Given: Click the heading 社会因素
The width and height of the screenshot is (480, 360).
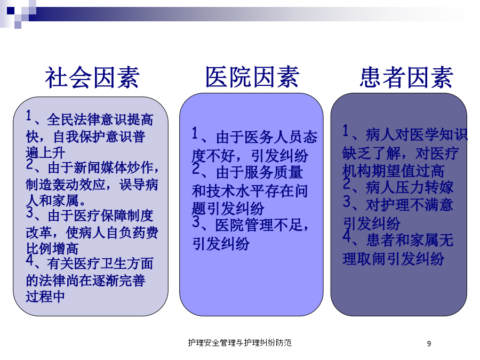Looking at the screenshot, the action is (92, 77).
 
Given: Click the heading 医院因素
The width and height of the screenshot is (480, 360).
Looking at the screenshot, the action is (252, 77).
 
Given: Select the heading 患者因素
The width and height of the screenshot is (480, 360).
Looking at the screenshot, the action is (406, 77).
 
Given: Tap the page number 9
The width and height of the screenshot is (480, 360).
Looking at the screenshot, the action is (429, 343).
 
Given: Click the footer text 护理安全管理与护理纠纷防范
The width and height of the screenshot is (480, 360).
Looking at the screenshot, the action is (239, 342).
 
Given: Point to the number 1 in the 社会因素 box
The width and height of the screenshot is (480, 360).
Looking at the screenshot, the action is (29, 116).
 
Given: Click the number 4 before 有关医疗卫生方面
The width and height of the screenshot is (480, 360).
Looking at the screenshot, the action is (29, 260).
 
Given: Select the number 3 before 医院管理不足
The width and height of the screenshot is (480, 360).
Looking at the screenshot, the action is (196, 222).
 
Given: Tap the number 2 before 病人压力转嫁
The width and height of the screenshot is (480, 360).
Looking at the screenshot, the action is (347, 183).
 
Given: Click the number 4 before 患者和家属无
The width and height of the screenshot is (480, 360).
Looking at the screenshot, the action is (347, 236).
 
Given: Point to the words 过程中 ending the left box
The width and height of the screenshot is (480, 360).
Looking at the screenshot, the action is (45, 297).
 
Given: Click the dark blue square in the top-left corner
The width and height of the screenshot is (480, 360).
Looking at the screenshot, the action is (11, 11).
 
